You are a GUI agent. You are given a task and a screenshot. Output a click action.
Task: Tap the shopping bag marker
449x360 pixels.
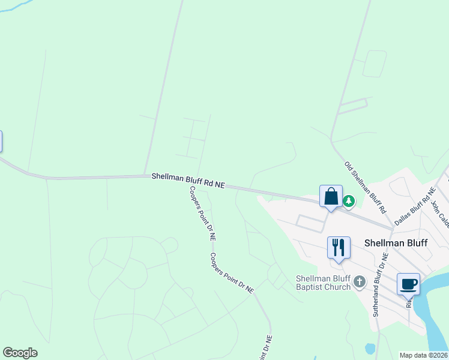(x=331, y=197)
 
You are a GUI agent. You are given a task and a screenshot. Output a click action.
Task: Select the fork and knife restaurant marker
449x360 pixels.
(x=339, y=248)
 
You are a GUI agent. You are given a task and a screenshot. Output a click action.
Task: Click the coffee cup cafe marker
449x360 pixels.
(x=408, y=284)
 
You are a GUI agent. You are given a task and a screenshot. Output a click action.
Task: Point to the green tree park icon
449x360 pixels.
(x=348, y=201)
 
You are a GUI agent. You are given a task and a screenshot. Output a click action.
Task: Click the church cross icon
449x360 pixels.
(x=360, y=281)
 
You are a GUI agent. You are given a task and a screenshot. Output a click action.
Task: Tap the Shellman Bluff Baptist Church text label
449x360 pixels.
(x=323, y=283)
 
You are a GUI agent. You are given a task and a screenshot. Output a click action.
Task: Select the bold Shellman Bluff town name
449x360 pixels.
(x=396, y=243)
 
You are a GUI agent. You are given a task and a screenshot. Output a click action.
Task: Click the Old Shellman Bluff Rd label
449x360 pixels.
(x=364, y=188)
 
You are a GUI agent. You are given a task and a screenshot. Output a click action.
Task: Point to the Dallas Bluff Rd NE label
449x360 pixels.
(x=414, y=206)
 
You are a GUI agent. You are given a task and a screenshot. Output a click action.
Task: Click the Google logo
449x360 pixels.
(x=20, y=353)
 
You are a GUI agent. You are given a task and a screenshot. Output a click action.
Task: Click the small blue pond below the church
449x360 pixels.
(x=370, y=349)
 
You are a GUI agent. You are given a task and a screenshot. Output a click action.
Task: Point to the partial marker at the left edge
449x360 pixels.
(x=1, y=142)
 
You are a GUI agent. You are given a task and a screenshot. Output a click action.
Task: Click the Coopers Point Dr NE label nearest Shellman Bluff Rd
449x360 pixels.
(x=202, y=213)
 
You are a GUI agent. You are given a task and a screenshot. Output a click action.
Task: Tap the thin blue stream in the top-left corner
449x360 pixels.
(x=18, y=7)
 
